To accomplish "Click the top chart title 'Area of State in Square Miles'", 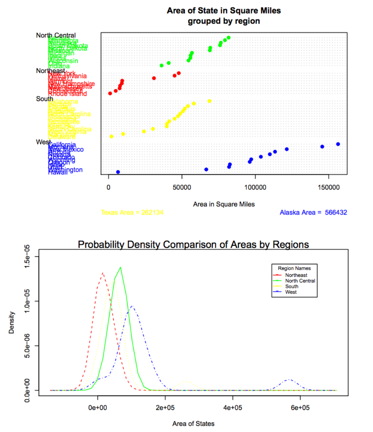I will pos(224,10).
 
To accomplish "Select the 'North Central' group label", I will pos(56,35).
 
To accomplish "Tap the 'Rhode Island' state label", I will pos(68,94).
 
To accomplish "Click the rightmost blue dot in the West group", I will pos(338,144).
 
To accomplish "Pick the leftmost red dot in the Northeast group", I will pos(110,93).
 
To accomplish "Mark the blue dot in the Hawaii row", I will pos(118,172).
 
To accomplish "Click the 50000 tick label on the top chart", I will pos(182,186).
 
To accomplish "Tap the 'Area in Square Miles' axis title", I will pos(224,204).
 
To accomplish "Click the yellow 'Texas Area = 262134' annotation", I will pos(132,213).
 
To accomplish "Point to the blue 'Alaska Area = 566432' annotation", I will pos(314,213).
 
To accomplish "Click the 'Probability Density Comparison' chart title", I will pos(194,244).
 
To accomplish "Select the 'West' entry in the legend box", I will pos(291,292).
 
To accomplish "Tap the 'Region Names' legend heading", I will pos(294,268).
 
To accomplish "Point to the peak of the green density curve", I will pos(121,267).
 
